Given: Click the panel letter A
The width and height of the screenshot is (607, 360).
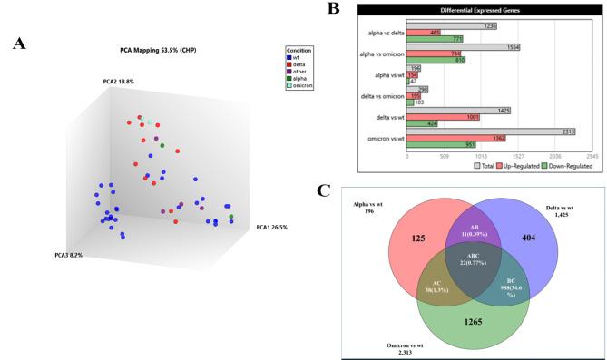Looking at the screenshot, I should (x=18, y=43).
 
